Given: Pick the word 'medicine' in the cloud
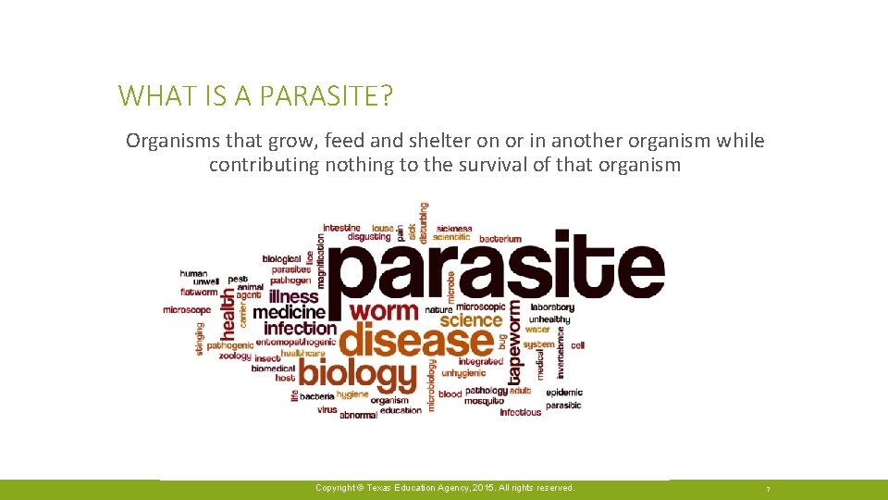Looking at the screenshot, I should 289,313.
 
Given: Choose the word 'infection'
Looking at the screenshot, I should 301,328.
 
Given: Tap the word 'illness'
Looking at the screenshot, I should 293,297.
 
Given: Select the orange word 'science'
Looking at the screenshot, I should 471,320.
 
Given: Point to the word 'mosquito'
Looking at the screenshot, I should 484,401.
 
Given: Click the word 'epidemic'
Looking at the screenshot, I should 564,393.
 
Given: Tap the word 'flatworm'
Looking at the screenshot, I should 200,293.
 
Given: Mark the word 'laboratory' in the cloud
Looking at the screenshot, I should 552,307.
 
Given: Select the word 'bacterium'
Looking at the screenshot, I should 500,239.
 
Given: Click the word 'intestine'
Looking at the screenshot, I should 342,228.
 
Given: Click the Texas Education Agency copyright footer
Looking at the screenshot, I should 444,488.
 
